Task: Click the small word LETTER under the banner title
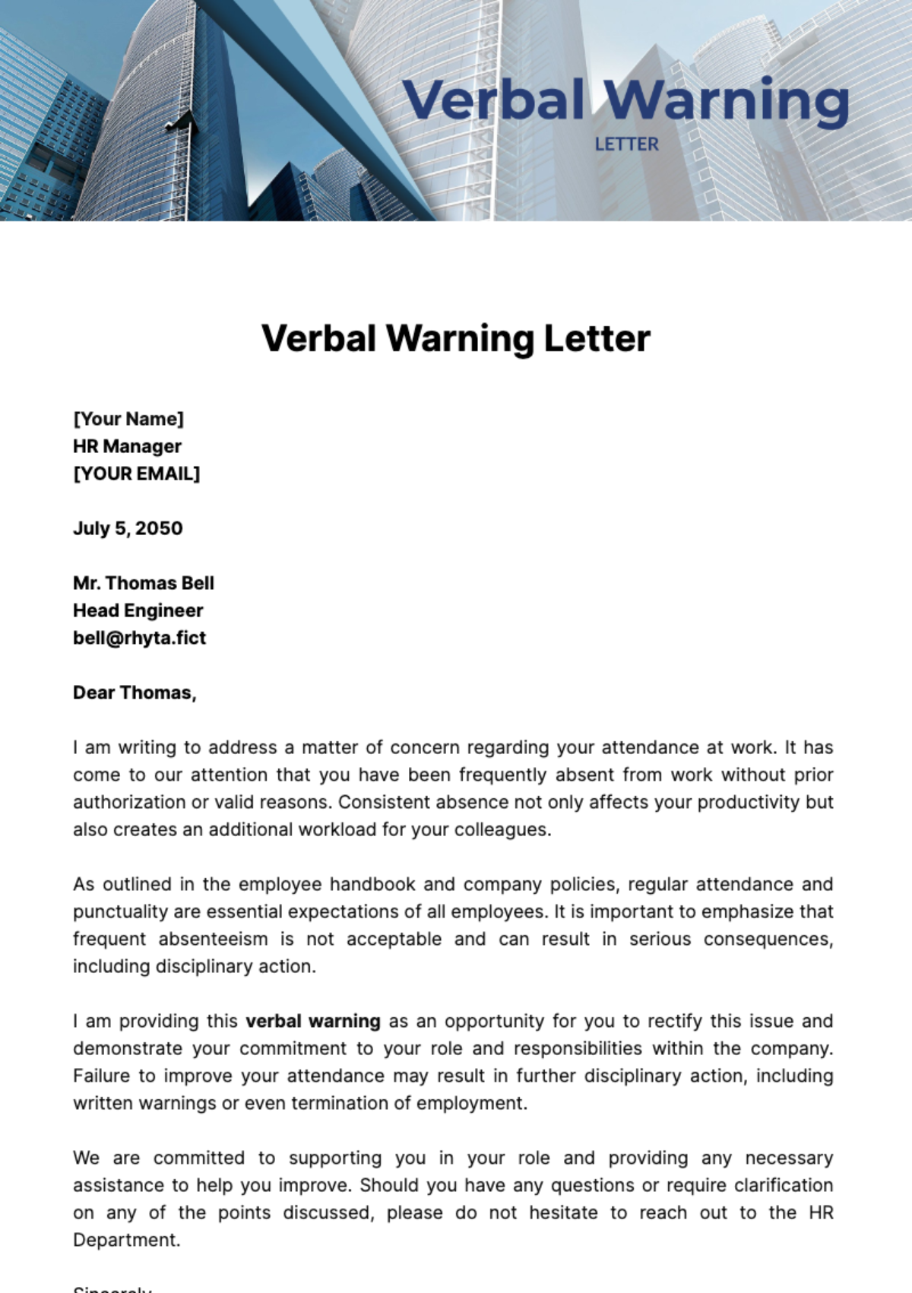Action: [x=626, y=144]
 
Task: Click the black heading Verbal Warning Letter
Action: [x=456, y=338]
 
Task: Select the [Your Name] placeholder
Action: [x=128, y=419]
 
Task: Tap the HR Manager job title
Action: [x=127, y=446]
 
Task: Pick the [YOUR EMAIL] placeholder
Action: [x=137, y=474]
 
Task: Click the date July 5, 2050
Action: [x=128, y=528]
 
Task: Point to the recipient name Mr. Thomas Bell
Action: [x=144, y=583]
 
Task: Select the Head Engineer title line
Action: [x=138, y=610]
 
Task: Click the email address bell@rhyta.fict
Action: [x=139, y=638]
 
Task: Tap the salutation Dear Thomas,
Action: [x=135, y=692]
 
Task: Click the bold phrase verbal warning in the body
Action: [x=313, y=1021]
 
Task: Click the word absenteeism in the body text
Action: [x=213, y=939]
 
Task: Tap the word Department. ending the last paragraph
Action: [x=126, y=1240]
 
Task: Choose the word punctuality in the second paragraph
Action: [x=120, y=911]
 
